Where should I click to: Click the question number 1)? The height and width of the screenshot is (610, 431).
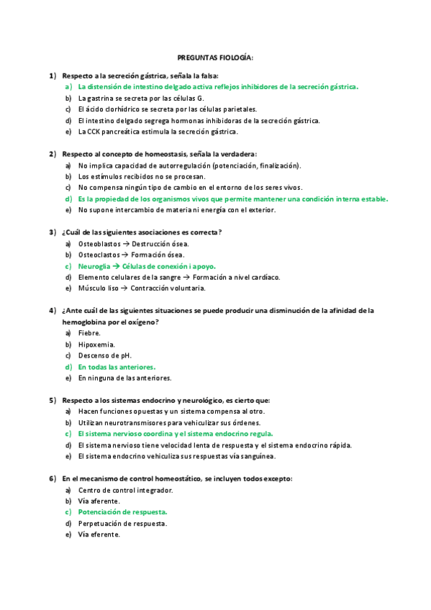pos(52,76)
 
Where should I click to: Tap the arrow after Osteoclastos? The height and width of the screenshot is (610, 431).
pos(124,255)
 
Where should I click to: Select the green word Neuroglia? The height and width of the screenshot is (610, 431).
pos(94,265)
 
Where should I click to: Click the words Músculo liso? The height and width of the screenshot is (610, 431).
pos(98,288)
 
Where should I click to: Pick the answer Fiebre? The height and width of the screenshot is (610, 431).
pos(89,333)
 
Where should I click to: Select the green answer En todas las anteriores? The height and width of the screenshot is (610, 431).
pos(117,367)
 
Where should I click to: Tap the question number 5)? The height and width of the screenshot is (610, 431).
pos(52,400)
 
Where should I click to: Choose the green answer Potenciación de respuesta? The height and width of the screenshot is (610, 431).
pos(122,512)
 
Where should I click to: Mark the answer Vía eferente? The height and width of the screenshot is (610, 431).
pos(99,534)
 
